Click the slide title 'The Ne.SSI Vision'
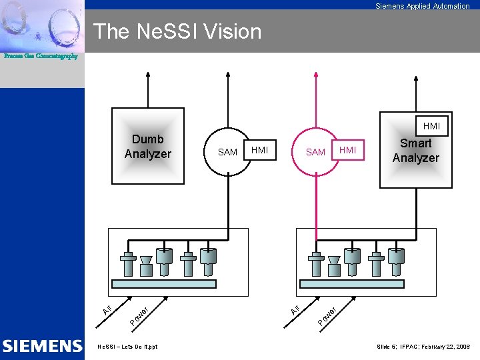(177, 31)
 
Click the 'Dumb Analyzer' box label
(147, 147)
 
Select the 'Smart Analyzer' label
(415, 151)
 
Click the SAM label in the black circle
(227, 152)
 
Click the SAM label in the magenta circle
(315, 152)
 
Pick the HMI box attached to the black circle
(260, 150)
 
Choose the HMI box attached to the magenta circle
(348, 150)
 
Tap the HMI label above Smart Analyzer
(431, 126)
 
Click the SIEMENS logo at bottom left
(42, 346)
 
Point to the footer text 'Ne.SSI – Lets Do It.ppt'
(128, 347)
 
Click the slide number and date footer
(423, 347)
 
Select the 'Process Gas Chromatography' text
(41, 56)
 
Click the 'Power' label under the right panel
(327, 315)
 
